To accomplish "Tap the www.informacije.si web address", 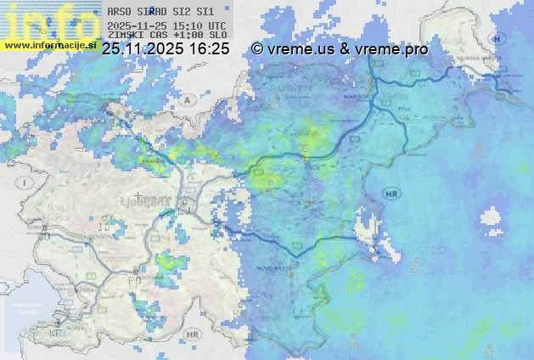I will point(50,44).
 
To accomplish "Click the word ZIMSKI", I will point(125,35).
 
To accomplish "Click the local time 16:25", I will point(209,49).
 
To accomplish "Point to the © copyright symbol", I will point(257,49).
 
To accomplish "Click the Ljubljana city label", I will point(153,199).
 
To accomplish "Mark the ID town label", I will point(104,228).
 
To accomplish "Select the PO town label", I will point(132,279).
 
